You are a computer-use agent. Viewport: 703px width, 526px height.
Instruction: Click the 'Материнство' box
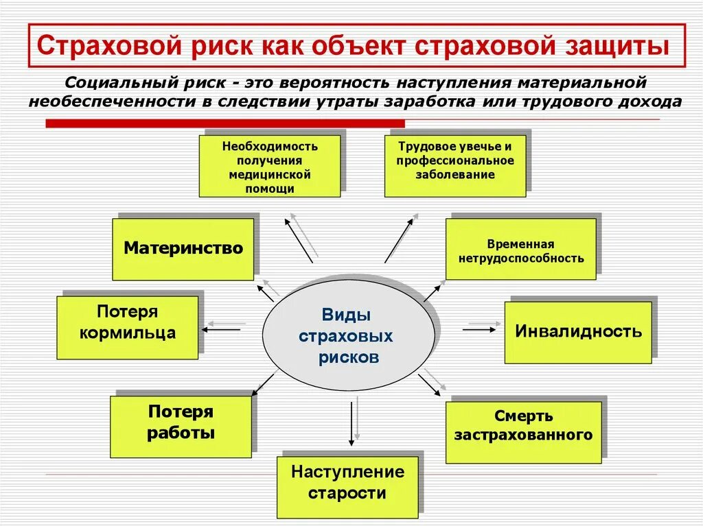(183, 249)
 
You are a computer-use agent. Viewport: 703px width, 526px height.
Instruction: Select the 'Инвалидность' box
(578, 332)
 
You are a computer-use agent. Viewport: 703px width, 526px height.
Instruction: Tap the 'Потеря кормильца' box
(127, 327)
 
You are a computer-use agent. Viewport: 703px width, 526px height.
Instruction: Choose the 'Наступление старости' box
(347, 486)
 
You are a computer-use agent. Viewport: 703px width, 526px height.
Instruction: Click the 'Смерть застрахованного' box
(523, 432)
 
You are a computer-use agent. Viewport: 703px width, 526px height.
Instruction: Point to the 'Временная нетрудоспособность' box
(520, 249)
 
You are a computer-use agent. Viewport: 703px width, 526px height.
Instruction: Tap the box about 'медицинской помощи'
(270, 167)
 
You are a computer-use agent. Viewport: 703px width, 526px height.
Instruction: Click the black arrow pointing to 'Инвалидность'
(479, 330)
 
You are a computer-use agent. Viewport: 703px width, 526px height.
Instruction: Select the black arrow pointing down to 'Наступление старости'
(351, 422)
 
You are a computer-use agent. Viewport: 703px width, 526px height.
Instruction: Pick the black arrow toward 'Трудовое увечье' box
(399, 240)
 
